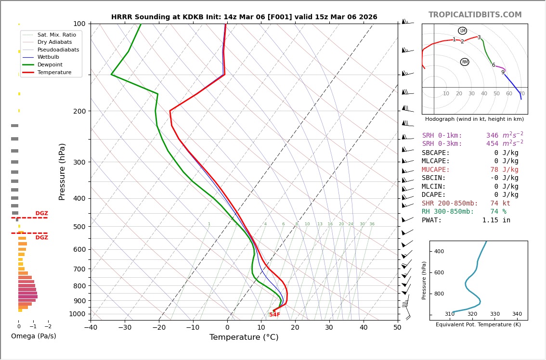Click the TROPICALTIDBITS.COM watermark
click(x=475, y=15)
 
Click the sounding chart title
click(x=244, y=17)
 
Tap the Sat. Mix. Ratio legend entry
click(x=56, y=35)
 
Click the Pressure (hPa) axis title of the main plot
click(x=62, y=171)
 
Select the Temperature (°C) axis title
click(x=244, y=337)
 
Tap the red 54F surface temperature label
click(x=274, y=315)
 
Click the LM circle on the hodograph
click(x=462, y=31)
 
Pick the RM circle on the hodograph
click(x=465, y=62)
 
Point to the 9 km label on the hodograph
click(x=503, y=73)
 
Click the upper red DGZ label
click(x=41, y=214)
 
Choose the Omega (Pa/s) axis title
click(x=33, y=336)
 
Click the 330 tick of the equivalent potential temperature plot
click(x=494, y=314)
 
